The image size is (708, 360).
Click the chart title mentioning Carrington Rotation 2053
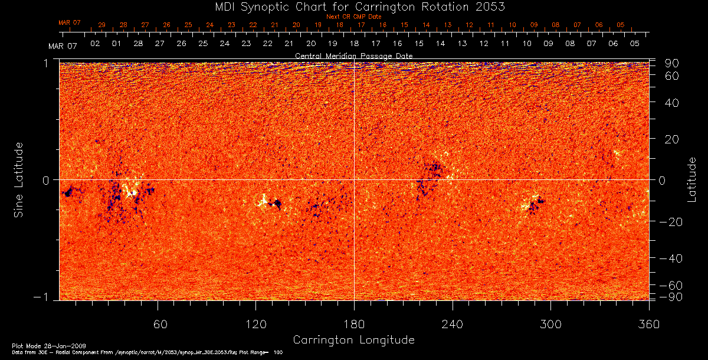(353, 6)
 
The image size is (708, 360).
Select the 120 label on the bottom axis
(255, 325)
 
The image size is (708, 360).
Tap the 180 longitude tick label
(354, 325)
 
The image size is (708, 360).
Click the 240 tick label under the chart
(453, 325)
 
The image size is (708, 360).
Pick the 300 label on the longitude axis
(550, 325)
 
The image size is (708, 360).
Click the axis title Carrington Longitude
(353, 340)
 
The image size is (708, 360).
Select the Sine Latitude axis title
(19, 179)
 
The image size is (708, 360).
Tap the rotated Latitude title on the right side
(691, 179)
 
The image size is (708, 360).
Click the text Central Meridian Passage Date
(353, 55)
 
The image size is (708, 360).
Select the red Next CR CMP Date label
(353, 17)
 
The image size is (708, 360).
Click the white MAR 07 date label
(63, 45)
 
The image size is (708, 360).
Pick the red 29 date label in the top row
(102, 25)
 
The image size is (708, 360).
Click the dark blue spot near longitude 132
(276, 204)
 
